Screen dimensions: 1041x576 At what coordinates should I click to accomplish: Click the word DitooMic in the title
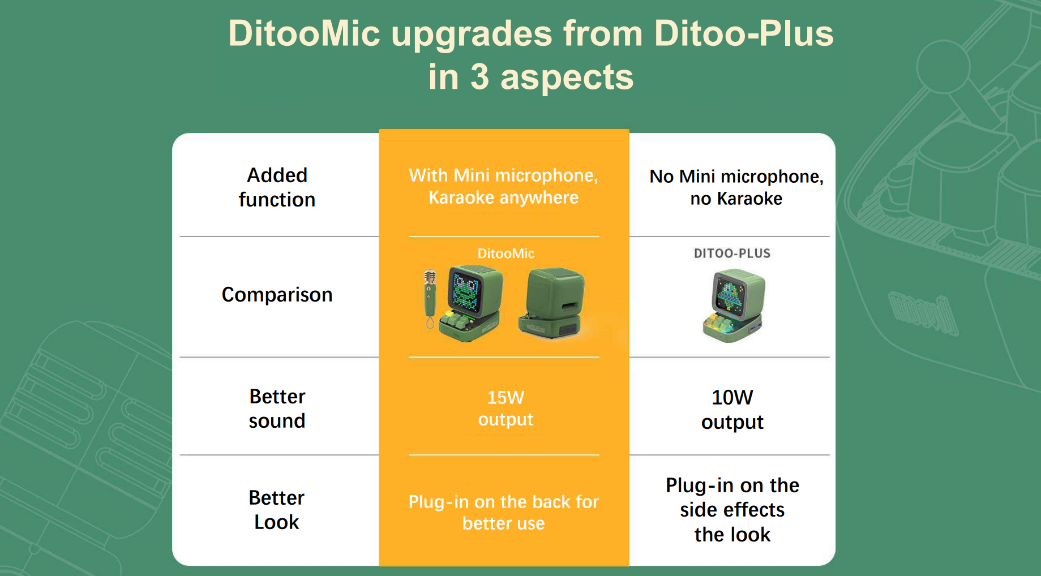click(x=304, y=33)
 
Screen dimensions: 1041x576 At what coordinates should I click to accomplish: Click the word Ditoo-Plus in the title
click(x=743, y=33)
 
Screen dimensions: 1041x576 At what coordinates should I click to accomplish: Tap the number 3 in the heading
click(x=479, y=77)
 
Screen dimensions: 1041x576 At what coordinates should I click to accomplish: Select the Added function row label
click(x=277, y=187)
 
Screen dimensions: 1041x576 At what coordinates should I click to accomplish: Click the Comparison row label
click(x=277, y=295)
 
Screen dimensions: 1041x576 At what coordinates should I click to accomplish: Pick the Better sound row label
click(x=277, y=409)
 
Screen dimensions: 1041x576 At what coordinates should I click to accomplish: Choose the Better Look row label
click(x=277, y=510)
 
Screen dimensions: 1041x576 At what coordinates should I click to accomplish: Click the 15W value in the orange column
click(x=505, y=398)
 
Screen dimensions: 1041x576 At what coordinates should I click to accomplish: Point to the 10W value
click(x=732, y=398)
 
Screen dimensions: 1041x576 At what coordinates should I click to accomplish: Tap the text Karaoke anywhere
click(x=503, y=197)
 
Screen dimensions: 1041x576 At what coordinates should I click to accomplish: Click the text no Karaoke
click(x=736, y=199)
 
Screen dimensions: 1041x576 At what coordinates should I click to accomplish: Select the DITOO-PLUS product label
click(x=732, y=253)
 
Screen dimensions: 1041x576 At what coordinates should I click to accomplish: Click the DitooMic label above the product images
click(x=505, y=253)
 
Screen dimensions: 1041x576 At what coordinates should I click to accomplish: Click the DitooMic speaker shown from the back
click(x=551, y=303)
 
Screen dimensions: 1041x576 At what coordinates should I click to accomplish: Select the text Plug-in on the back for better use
click(x=503, y=513)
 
